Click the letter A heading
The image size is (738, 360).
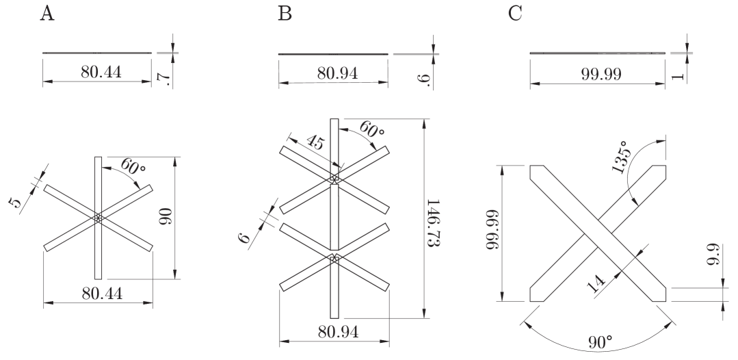click(47, 14)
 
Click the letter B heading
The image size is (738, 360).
click(285, 14)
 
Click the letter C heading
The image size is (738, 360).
click(517, 14)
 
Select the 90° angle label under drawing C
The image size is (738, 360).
click(599, 341)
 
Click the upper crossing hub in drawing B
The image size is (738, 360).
click(334, 180)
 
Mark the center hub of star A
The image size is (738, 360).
click(98, 218)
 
